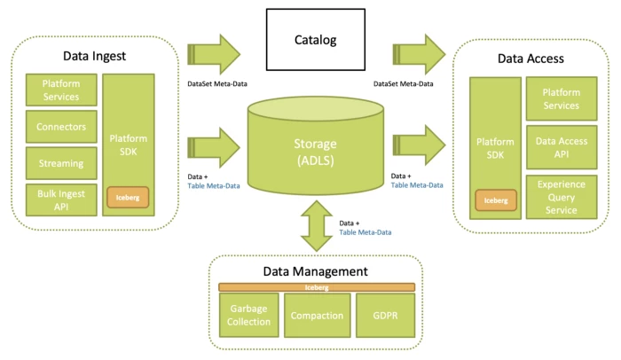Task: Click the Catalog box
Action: pos(317,41)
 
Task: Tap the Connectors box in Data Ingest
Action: pos(61,127)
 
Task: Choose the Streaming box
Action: pos(61,163)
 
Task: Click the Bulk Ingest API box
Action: pos(61,200)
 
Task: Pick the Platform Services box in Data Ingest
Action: pos(61,90)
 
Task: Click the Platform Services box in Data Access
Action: pos(562,98)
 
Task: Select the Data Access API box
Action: pos(562,147)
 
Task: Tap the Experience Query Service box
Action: pos(562,196)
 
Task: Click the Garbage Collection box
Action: pos(248,315)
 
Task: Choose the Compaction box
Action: pos(317,315)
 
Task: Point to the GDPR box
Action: pos(385,315)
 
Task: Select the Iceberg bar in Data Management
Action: pos(317,287)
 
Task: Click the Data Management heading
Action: pos(317,271)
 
